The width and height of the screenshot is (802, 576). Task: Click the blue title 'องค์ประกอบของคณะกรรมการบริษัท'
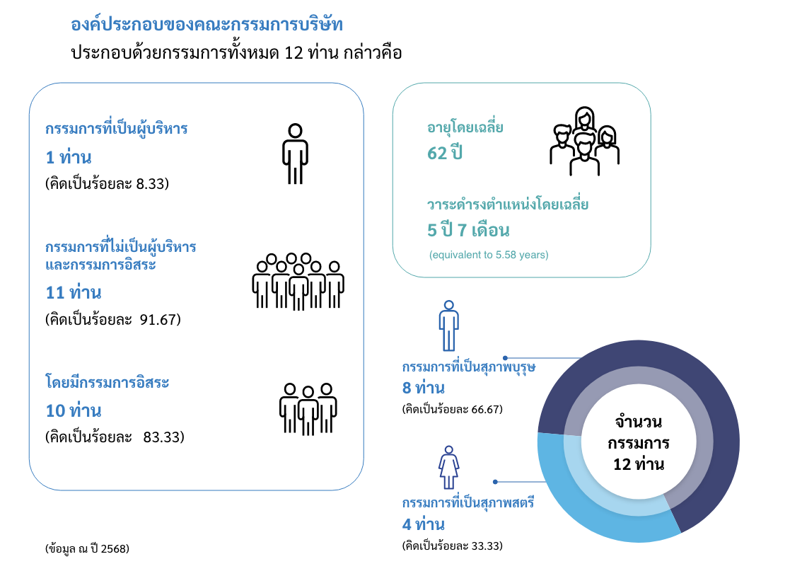(207, 24)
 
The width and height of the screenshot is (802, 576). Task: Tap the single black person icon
(295, 154)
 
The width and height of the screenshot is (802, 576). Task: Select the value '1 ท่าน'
(69, 157)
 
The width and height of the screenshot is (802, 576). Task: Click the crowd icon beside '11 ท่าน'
(298, 282)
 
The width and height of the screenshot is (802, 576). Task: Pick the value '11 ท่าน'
(74, 292)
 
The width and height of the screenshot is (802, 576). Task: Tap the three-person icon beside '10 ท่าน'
(308, 409)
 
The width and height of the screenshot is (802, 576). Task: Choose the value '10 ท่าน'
(74, 410)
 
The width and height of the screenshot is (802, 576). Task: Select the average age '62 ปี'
(445, 152)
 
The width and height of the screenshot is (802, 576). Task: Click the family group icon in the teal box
(584, 142)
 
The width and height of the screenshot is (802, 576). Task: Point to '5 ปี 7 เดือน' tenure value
(468, 230)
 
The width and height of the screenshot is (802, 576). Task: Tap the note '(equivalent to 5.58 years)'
(489, 255)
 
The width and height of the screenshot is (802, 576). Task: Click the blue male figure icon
(448, 326)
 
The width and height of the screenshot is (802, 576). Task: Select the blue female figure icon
(448, 467)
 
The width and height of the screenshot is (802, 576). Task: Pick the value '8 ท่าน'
(424, 388)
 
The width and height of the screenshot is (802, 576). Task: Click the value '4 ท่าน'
(424, 524)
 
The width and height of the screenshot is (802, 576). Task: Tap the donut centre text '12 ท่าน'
(639, 464)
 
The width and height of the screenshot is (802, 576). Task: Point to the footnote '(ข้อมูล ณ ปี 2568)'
(88, 548)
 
